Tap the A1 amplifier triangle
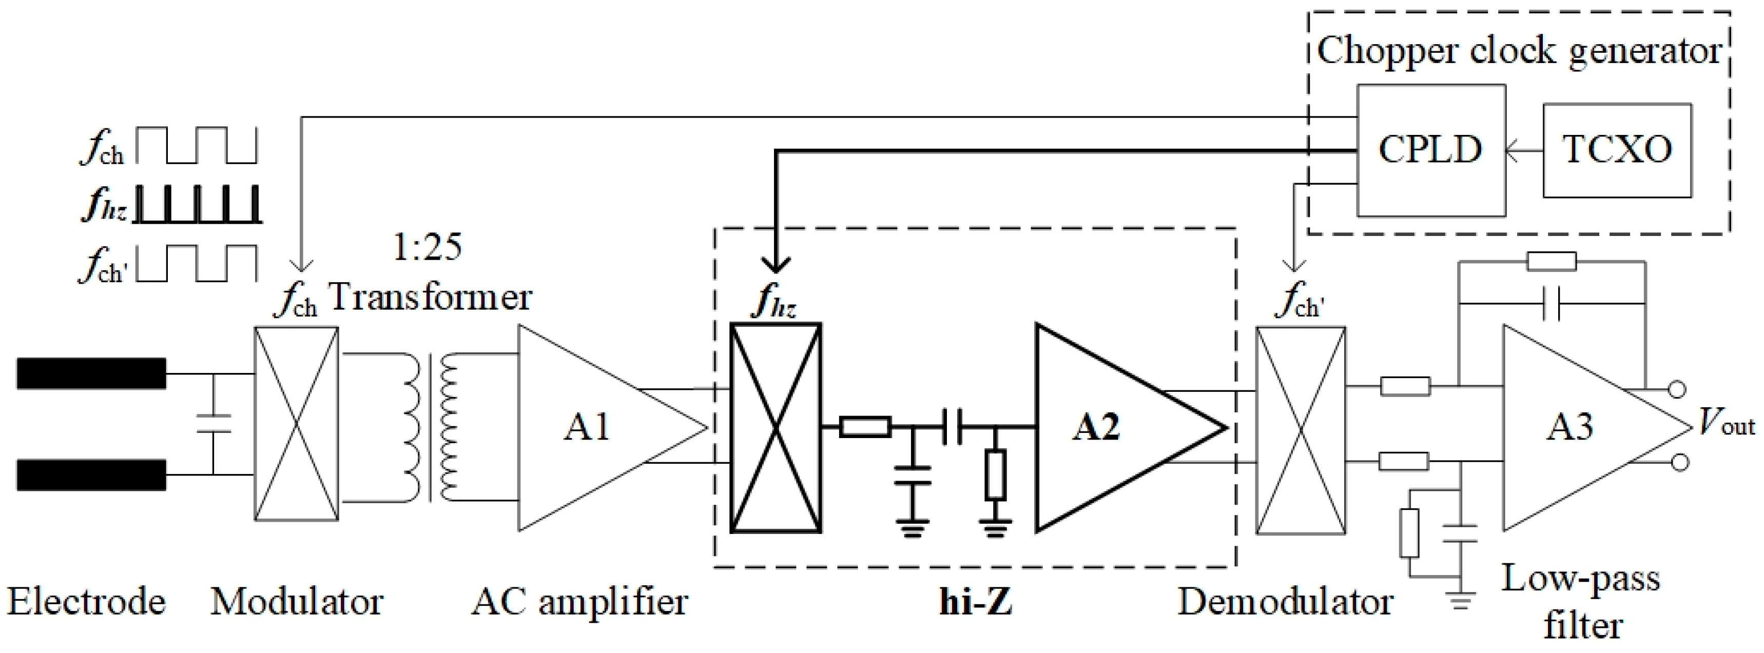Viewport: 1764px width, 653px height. tap(589, 428)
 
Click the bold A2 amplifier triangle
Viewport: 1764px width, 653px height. tap(1102, 428)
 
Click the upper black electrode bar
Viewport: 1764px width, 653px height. tap(91, 373)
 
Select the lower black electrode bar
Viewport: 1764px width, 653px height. tap(91, 475)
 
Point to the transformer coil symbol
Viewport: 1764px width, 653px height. tap(430, 428)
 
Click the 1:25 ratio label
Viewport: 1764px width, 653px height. tap(428, 246)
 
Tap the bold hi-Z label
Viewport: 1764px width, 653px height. tap(975, 602)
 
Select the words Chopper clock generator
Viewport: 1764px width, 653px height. tap(1518, 51)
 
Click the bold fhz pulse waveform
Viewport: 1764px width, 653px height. tap(197, 205)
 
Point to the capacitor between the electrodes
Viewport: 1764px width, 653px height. tap(213, 424)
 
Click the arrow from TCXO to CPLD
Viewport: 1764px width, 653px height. tap(1524, 151)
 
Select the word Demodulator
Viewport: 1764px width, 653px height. tap(1285, 602)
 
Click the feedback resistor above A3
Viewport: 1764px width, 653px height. tap(1551, 261)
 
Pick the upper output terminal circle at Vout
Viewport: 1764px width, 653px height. tap(1676, 389)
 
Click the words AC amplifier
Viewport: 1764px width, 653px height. tap(579, 602)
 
